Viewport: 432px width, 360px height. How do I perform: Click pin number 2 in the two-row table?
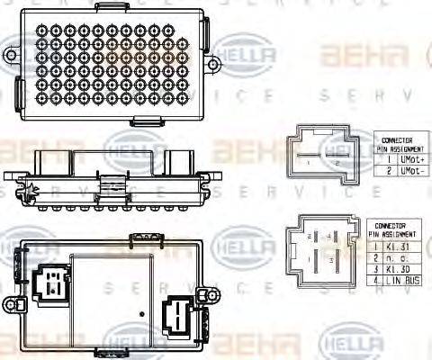tap(389, 169)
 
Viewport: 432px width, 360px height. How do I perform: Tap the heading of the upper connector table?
tap(399, 144)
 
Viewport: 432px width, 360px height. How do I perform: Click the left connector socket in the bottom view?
tap(52, 283)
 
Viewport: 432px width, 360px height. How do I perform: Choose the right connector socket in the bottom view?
tap(176, 318)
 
